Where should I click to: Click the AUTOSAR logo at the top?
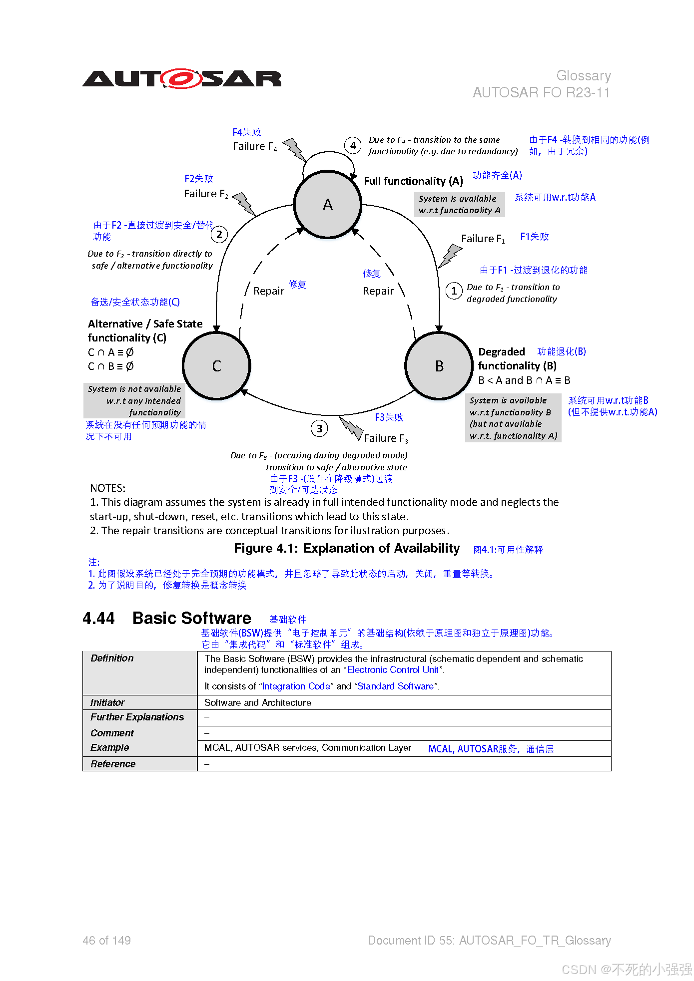point(182,79)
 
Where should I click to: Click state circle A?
point(328,204)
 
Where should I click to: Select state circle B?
point(439,366)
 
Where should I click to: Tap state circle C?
point(217,366)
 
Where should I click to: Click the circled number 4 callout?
point(353,145)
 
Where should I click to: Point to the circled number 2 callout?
point(219,234)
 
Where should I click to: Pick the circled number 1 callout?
point(454,291)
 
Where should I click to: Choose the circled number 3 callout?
point(319,428)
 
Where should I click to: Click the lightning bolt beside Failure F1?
point(450,255)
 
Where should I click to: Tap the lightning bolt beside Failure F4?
point(295,149)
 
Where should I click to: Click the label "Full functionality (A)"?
point(413,181)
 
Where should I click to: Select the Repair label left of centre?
point(268,291)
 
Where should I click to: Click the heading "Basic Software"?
point(192,618)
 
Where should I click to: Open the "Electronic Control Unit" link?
point(392,670)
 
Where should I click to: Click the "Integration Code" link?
point(296,686)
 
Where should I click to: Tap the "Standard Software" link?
point(395,686)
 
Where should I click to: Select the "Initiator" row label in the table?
point(107,702)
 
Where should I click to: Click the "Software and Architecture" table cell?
point(258,702)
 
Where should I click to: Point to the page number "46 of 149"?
point(106,941)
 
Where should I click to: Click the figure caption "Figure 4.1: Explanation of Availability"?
point(347,548)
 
